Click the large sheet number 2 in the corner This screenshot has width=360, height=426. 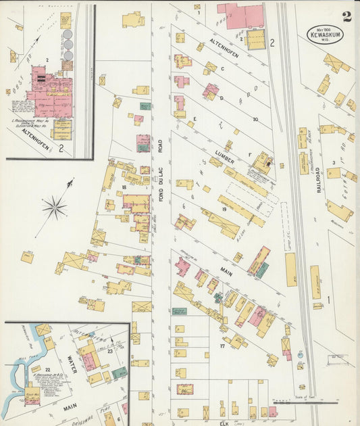(346, 16)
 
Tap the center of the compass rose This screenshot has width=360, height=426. (54, 207)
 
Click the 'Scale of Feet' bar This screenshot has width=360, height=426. (292, 400)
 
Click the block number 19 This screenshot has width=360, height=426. (223, 210)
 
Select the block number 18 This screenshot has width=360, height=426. (124, 187)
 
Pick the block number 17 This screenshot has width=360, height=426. (222, 346)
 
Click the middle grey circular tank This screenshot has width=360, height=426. (68, 45)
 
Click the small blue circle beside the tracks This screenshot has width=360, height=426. (300, 354)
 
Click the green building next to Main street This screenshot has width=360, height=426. (262, 270)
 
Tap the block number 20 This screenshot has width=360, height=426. (255, 119)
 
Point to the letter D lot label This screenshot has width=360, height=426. (221, 98)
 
